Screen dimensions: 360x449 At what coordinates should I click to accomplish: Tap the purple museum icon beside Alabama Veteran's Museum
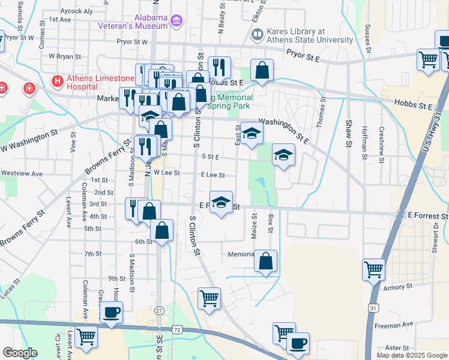pos(176,22)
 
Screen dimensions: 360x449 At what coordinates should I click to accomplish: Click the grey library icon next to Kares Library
pos(257,35)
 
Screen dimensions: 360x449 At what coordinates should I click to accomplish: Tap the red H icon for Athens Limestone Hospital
pos(57,80)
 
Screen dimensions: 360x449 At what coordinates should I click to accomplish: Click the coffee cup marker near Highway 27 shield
pos(112,313)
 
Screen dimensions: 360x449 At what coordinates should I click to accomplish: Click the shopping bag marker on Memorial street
pos(265,261)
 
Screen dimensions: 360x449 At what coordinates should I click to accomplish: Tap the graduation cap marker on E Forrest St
pos(221,203)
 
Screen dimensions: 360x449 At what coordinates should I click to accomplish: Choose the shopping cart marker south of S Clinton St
pos(209,298)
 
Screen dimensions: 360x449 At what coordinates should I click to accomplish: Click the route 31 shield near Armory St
pos(373,308)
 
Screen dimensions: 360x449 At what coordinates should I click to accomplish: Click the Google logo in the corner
pos(20,353)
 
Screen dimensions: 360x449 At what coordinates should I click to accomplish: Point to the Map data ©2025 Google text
pos(411,355)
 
